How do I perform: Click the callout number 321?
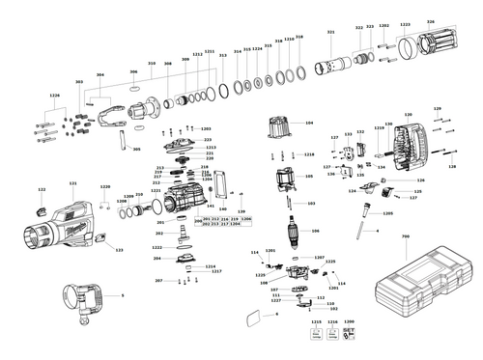pyautogui.click(x=330, y=33)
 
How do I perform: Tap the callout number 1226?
pyautogui.click(x=54, y=95)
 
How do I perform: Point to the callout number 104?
pyautogui.click(x=309, y=124)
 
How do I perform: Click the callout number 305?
pyautogui.click(x=136, y=150)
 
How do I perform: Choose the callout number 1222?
pyautogui.click(x=156, y=247)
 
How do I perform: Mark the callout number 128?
pyautogui.click(x=436, y=109)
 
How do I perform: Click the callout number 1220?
pyautogui.click(x=105, y=186)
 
